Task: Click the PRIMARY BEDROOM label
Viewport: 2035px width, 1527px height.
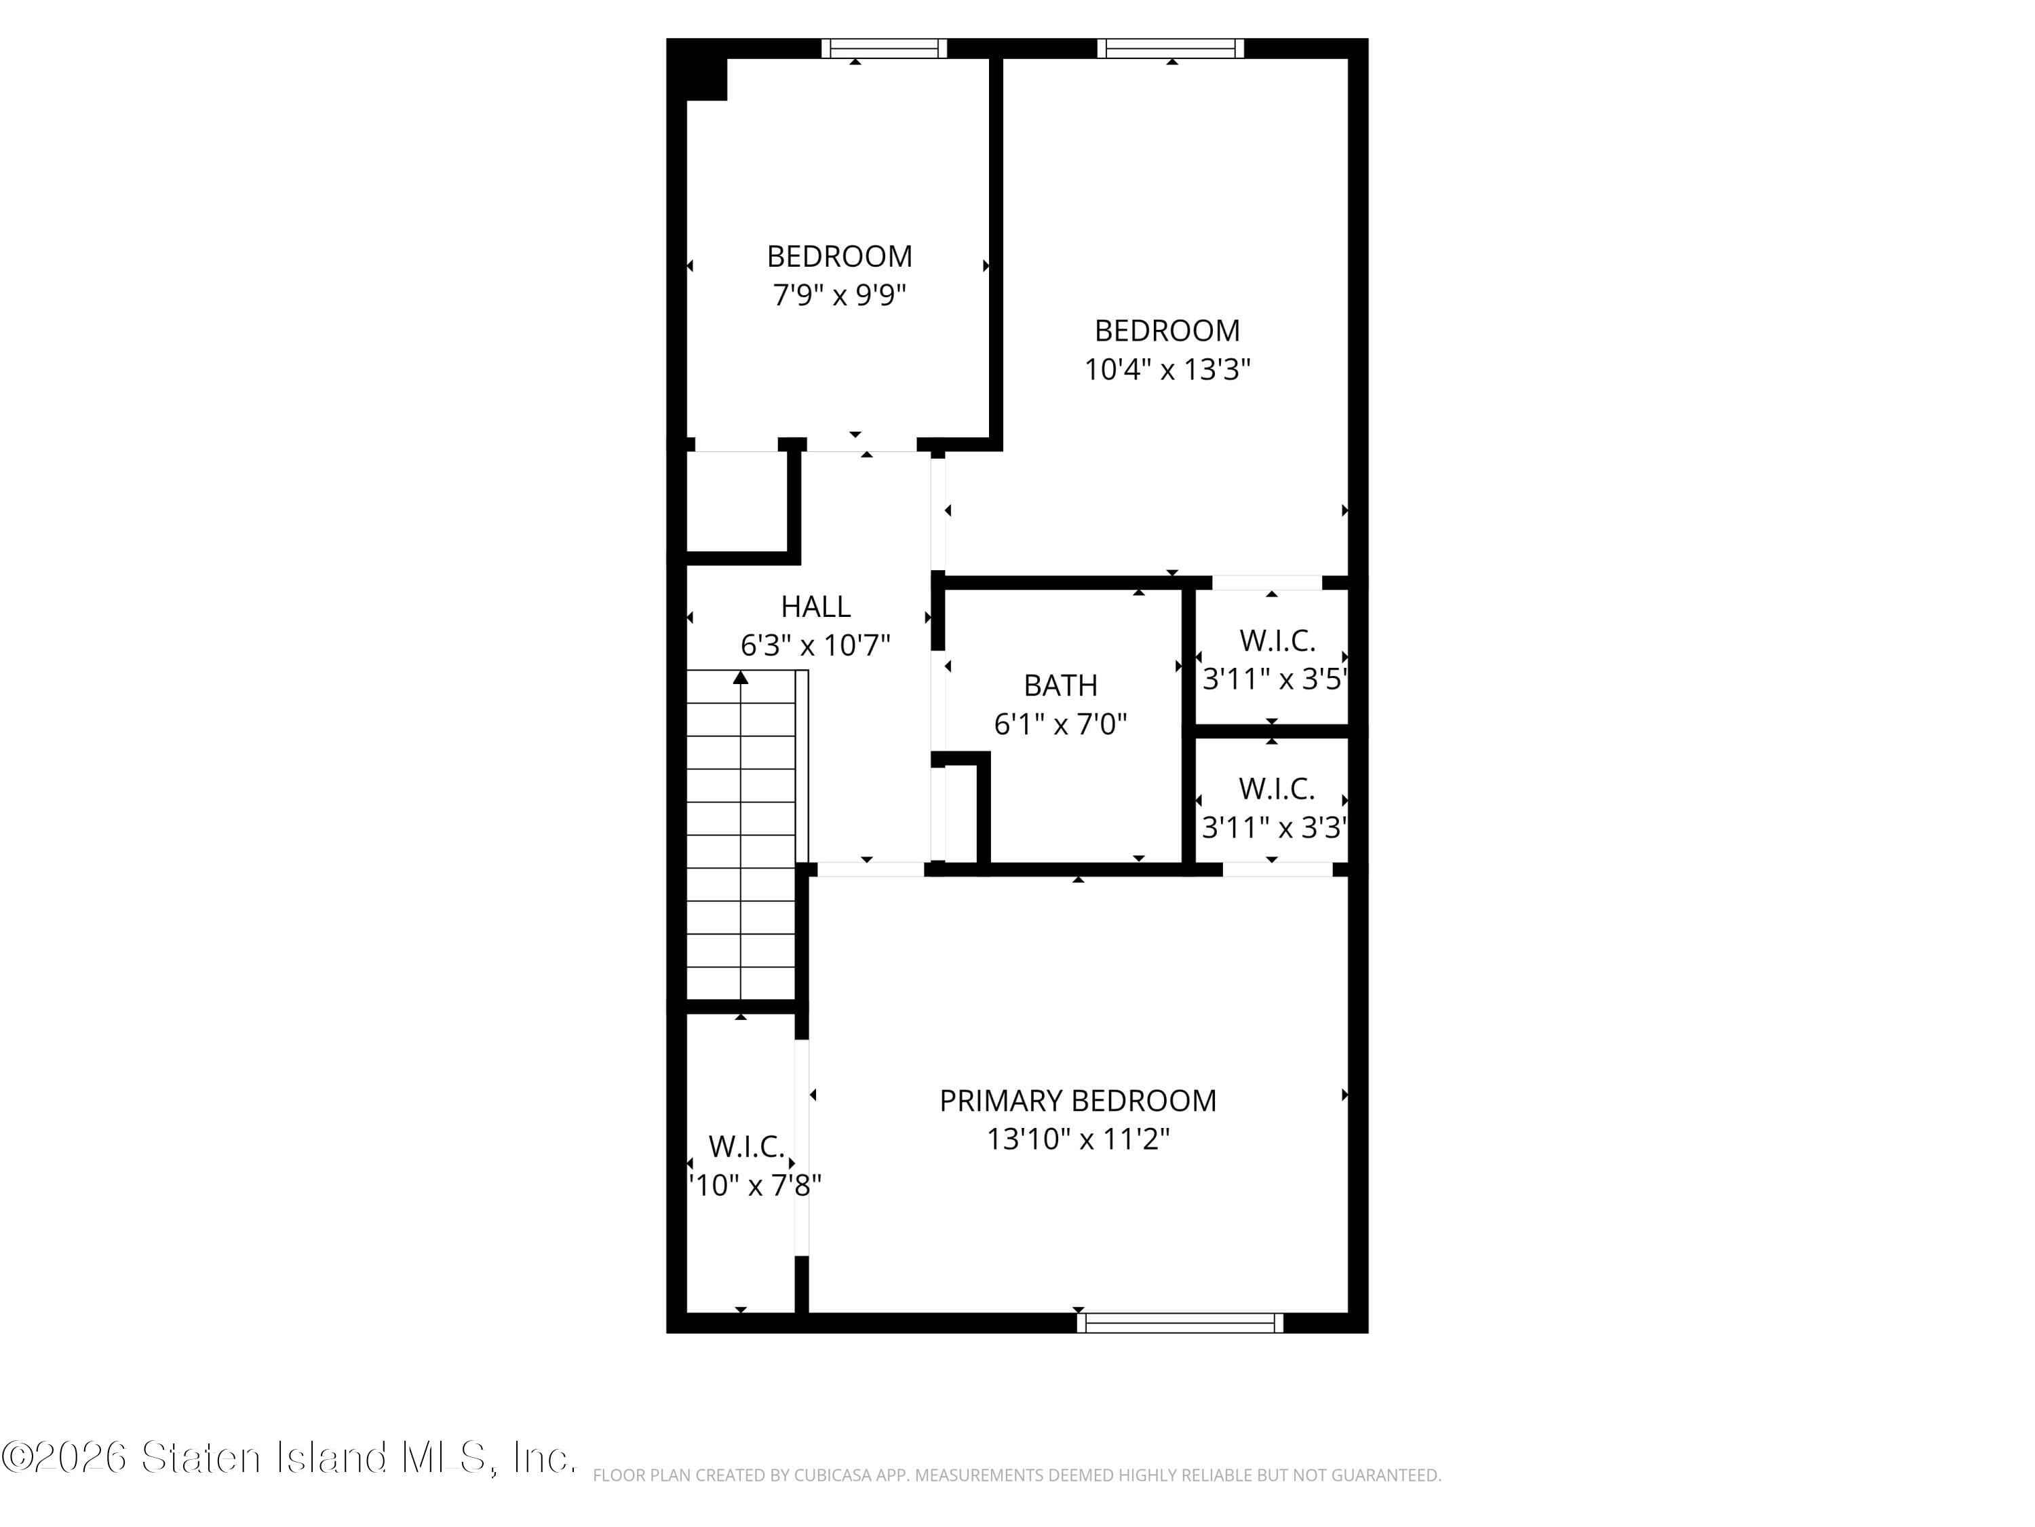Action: [1077, 1101]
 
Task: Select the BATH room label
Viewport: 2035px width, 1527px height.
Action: [1061, 685]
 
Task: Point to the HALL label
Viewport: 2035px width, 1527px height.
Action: [816, 607]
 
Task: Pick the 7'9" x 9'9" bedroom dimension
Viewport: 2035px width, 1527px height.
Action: [840, 295]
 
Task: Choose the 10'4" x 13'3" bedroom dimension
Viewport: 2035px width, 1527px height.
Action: [1167, 370]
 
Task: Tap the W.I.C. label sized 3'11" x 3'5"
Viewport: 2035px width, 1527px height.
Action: [1277, 641]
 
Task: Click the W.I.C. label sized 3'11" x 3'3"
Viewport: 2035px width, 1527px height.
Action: [1277, 789]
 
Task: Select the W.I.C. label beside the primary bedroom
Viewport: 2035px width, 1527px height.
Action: [747, 1147]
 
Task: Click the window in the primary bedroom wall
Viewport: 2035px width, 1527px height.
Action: [1180, 1323]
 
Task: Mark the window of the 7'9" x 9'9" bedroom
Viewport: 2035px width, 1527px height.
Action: [884, 48]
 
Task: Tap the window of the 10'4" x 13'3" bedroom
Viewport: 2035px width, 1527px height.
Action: [1170, 48]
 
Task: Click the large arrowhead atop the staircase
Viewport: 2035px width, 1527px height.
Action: [741, 677]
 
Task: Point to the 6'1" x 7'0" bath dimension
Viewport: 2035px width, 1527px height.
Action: [1061, 724]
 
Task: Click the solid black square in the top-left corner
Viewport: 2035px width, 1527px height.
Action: [697, 70]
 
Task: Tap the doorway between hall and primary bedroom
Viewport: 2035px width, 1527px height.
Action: [870, 869]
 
